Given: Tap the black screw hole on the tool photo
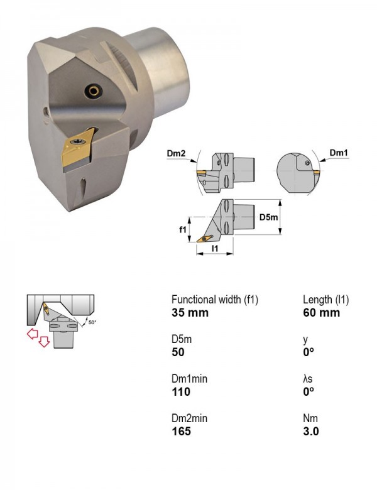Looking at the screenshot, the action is (94, 91).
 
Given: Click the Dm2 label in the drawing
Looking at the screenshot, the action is (176, 153).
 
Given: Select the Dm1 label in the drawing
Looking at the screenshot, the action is (339, 153).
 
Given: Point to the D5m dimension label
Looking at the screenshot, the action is (268, 217).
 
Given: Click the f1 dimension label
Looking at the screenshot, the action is (183, 230).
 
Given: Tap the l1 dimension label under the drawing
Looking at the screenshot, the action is (215, 248).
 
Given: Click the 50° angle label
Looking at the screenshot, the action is (92, 322).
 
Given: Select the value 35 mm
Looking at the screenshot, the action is (190, 312).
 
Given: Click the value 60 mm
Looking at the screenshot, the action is (321, 312).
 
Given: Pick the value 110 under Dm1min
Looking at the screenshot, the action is (181, 391).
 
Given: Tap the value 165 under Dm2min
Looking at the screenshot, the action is (181, 431).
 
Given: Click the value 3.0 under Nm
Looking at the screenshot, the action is (311, 431).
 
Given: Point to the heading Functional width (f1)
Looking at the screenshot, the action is (215, 300).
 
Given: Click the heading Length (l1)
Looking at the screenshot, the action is (325, 300).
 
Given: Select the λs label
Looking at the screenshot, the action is (308, 379).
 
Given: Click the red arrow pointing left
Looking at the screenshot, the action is (32, 334).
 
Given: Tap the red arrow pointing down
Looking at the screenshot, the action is (44, 342).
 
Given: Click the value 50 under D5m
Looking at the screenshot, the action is (178, 352).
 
